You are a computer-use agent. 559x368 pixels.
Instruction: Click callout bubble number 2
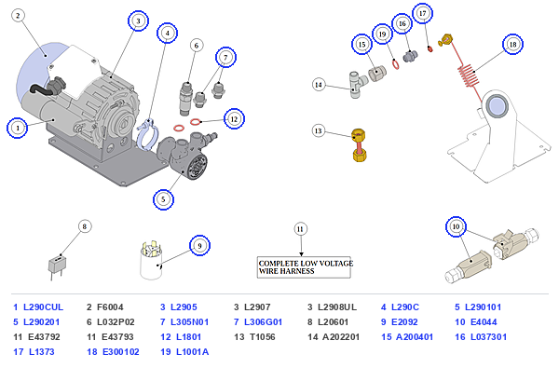click(18, 16)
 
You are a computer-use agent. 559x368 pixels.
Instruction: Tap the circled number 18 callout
click(512, 44)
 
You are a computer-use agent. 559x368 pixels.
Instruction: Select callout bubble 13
click(319, 130)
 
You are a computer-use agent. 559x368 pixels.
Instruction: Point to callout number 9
click(199, 246)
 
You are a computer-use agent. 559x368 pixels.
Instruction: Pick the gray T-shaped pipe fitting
click(358, 85)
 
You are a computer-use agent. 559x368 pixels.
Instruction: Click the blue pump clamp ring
click(146, 135)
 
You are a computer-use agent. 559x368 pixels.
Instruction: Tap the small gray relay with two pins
click(57, 267)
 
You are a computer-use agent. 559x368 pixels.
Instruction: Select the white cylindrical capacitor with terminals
click(151, 261)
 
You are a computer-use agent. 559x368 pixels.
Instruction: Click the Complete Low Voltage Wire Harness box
click(304, 267)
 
